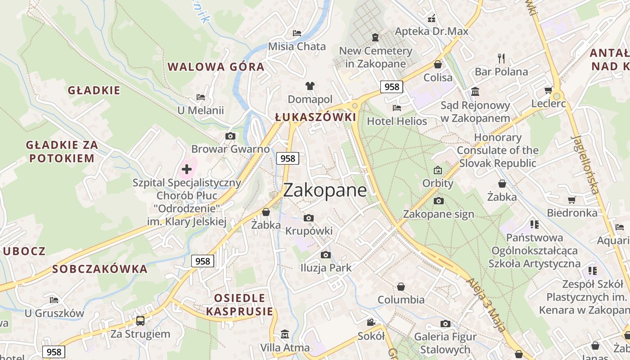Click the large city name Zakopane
click(325, 190)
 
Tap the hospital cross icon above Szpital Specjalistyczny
click(187, 169)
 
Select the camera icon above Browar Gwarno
click(230, 136)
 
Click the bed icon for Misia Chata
click(297, 33)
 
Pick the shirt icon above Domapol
click(310, 85)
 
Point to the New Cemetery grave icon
click(375, 37)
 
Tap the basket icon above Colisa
click(438, 64)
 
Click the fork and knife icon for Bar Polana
click(501, 58)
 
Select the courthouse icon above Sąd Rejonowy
click(475, 92)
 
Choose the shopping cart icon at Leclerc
click(549, 90)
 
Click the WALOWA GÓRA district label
click(216, 67)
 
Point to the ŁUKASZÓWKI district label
click(315, 117)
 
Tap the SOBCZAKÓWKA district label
click(100, 269)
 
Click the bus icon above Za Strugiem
click(140, 320)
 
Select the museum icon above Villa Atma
click(285, 334)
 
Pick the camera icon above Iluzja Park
click(326, 255)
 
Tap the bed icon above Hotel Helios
click(397, 108)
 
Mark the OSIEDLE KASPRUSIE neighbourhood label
click(240, 305)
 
